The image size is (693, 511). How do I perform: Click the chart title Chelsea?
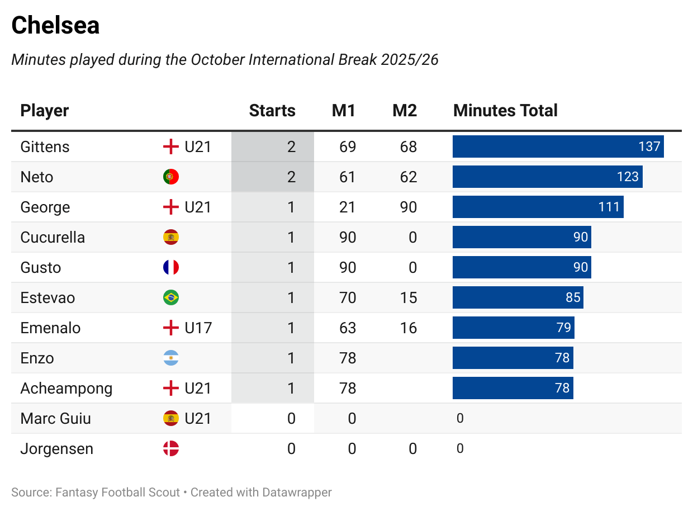tap(55, 26)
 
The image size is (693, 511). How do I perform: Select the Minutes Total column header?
tap(505, 111)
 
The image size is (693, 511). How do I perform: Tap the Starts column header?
tap(272, 111)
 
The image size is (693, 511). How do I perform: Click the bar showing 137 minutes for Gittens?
tap(558, 146)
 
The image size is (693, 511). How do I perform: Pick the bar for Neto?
tap(547, 177)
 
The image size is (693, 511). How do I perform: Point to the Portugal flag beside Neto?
tap(171, 177)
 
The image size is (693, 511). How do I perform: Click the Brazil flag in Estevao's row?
tap(171, 298)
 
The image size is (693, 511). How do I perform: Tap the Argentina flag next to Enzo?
tap(171, 358)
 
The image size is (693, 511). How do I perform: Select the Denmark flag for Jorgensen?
tap(171, 449)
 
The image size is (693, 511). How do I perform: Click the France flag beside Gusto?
tap(171, 268)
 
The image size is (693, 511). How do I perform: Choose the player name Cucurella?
tap(53, 238)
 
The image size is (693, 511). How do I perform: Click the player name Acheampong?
tap(66, 389)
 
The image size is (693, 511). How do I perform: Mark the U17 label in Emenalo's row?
tap(198, 328)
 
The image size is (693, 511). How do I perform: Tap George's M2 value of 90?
tap(409, 207)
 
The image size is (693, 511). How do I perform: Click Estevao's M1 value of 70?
tap(348, 298)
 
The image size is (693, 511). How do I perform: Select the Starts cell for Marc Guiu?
tap(291, 419)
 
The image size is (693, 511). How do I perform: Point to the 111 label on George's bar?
tap(609, 207)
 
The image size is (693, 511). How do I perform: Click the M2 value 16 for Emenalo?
tap(409, 328)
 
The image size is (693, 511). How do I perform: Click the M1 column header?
tap(344, 111)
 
